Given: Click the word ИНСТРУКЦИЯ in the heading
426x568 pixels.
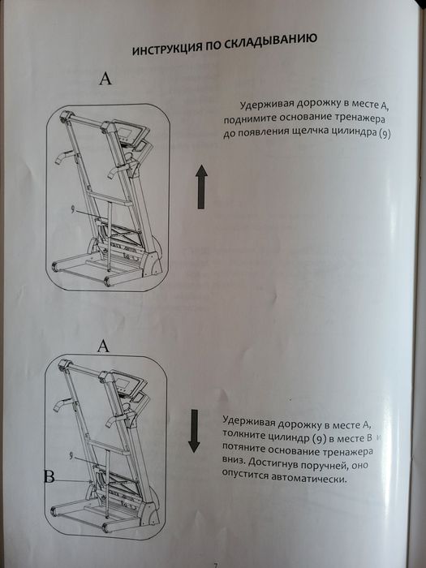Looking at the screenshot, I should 165,50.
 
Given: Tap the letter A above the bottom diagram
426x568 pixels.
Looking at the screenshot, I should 103,346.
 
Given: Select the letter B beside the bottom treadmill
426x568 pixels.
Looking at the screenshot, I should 49,479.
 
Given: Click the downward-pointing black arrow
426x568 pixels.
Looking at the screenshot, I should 194,431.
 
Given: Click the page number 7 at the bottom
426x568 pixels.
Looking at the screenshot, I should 215,562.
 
